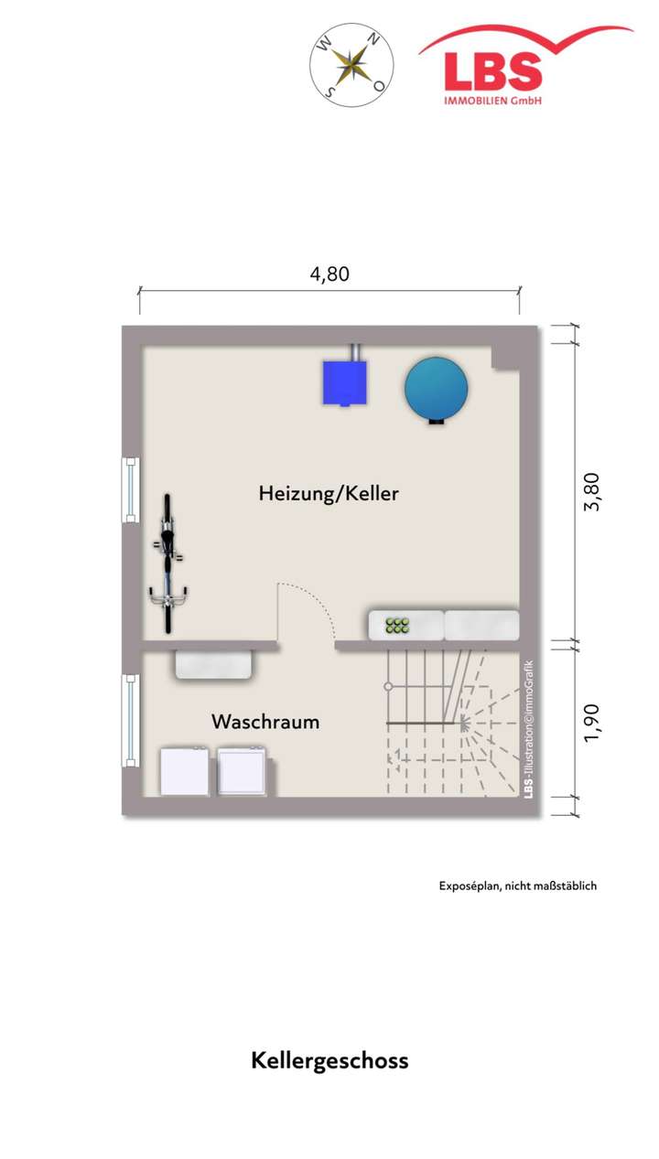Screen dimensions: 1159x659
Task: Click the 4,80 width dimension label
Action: click(x=329, y=274)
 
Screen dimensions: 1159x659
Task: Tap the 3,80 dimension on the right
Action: click(x=592, y=491)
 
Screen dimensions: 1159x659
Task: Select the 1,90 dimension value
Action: click(x=592, y=723)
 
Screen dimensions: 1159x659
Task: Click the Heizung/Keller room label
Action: click(x=329, y=494)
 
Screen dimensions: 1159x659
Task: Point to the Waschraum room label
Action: click(x=265, y=722)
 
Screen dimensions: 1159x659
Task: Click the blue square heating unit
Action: click(x=344, y=382)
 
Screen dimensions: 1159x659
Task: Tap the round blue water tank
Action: click(x=437, y=388)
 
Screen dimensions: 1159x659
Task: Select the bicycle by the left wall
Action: click(x=167, y=563)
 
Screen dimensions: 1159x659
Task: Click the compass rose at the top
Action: click(x=351, y=64)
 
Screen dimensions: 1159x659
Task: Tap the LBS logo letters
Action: click(x=492, y=72)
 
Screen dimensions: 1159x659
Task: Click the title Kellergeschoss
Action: click(x=329, y=1061)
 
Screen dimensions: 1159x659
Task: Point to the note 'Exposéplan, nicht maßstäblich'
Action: click(x=517, y=885)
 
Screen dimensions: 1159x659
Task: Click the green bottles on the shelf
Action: click(x=397, y=626)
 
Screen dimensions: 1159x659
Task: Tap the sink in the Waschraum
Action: click(x=214, y=665)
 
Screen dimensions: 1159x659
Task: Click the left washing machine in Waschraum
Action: click(x=186, y=772)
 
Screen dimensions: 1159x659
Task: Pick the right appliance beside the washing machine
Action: click(x=243, y=772)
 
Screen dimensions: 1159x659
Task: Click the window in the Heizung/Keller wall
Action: click(x=132, y=489)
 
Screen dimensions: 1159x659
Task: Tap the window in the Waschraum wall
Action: click(x=132, y=721)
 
